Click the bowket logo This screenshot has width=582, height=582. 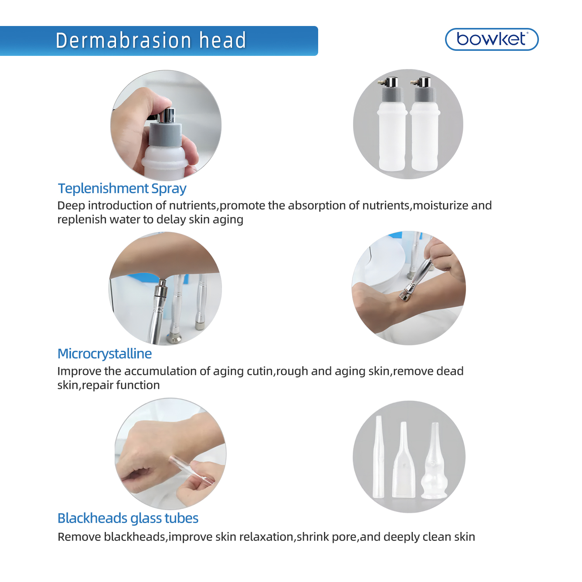click(492, 39)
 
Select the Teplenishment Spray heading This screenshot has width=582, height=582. click(122, 189)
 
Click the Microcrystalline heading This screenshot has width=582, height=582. click(104, 354)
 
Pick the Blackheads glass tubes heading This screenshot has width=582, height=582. click(128, 518)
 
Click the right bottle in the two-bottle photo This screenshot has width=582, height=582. click(424, 132)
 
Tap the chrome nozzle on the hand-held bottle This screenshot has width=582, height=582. click(168, 115)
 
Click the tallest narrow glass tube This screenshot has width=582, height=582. click(378, 458)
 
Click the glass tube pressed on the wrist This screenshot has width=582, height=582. click(190, 469)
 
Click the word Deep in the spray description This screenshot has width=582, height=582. click(71, 206)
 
